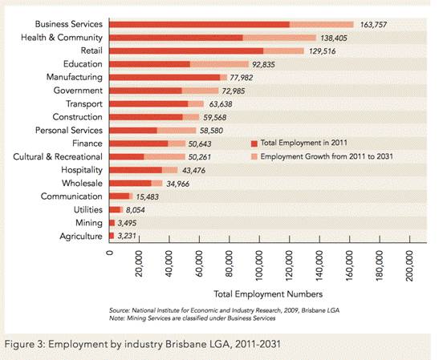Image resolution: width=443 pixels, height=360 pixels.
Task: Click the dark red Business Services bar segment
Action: [x=200, y=25]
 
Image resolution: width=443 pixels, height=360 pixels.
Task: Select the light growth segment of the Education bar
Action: [x=219, y=64]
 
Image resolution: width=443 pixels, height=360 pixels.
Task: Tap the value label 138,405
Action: [x=334, y=38]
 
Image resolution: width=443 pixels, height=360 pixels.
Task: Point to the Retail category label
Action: [x=91, y=51]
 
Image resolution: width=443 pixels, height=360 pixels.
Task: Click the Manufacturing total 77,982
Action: [x=241, y=78]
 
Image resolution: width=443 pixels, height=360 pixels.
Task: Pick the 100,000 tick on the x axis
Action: [x=259, y=239]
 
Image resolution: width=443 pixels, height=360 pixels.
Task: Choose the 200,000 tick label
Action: [x=409, y=265]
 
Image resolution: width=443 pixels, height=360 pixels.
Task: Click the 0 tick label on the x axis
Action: [x=110, y=252]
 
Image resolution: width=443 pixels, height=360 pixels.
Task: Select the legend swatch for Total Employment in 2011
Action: [x=254, y=144]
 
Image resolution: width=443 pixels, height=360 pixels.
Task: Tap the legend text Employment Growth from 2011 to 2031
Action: [x=327, y=156]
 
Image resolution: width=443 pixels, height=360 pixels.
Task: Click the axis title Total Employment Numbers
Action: [x=268, y=294]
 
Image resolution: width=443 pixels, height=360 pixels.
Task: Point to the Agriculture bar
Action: [x=112, y=236]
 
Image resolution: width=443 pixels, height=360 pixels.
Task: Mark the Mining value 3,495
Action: [x=127, y=223]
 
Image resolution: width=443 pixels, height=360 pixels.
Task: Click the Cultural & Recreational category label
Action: [x=58, y=156]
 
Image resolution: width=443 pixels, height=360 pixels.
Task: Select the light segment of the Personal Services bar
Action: [x=177, y=131]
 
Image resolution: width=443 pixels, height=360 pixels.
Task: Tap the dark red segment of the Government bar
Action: [x=145, y=91]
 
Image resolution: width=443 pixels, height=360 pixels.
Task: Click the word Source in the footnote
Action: [x=120, y=310]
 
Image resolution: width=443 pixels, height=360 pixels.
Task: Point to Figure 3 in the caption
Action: [x=25, y=345]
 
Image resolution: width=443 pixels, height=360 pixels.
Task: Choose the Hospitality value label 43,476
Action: [x=193, y=171]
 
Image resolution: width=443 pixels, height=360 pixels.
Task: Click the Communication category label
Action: [x=71, y=196]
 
